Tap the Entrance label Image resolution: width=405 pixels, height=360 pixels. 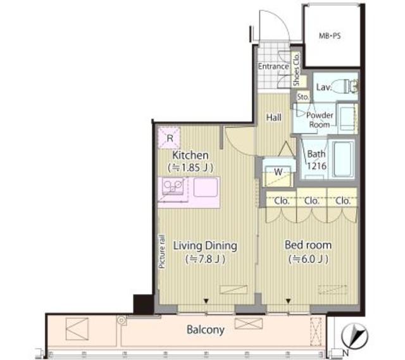click(x=273, y=66)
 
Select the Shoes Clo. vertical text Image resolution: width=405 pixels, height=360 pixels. click(x=296, y=70)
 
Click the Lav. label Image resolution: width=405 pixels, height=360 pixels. click(x=323, y=87)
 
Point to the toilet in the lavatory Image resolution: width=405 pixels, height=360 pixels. click(x=345, y=87)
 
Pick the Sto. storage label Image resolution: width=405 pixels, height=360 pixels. click(x=302, y=97)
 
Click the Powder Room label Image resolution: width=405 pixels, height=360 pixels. click(x=319, y=120)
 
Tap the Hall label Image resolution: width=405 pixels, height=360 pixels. click(x=274, y=117)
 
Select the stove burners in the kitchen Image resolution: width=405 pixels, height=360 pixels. click(x=173, y=187)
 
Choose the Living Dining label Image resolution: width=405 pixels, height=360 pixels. click(x=205, y=245)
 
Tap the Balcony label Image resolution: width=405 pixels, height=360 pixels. click(x=206, y=330)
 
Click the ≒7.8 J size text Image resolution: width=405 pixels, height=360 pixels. click(x=205, y=259)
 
